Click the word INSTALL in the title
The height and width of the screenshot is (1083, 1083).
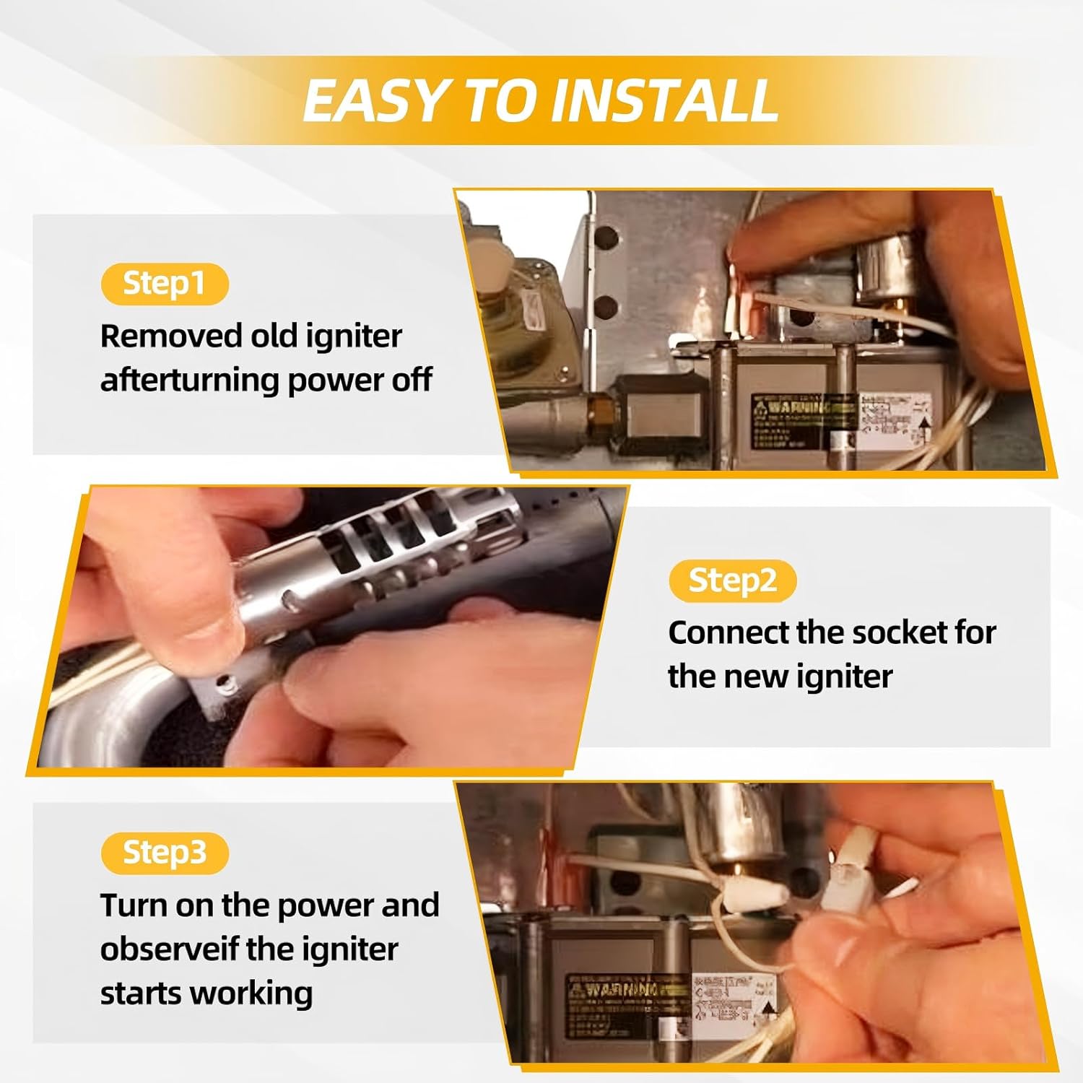pos(664,100)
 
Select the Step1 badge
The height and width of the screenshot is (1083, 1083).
pos(165,283)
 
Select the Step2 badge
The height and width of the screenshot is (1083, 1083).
pos(732,580)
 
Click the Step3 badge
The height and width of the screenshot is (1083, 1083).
pos(165,853)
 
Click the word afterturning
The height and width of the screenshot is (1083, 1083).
pos(188,380)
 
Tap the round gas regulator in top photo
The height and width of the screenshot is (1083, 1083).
pos(516,303)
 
